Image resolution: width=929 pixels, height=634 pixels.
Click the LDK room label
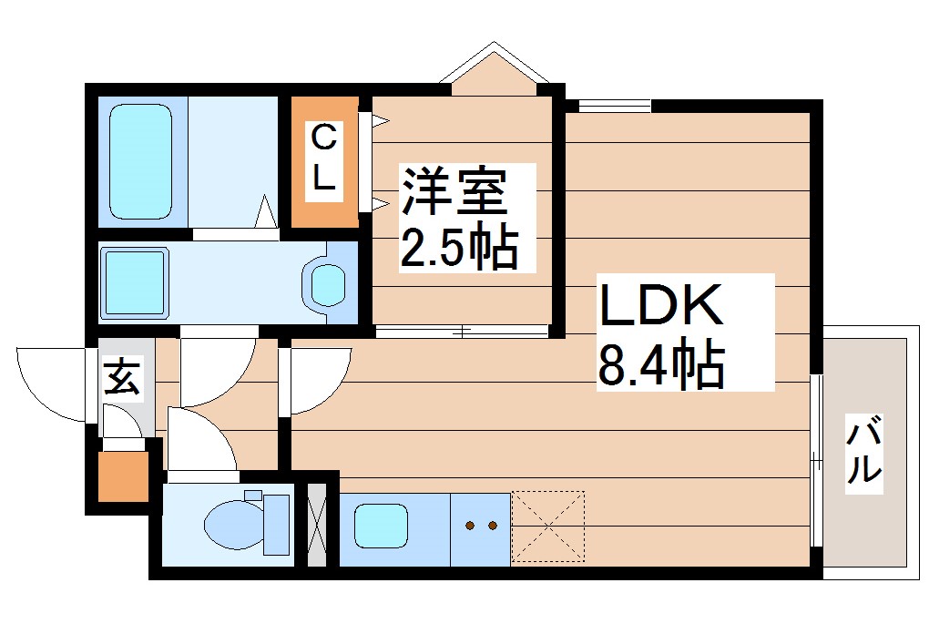[659, 306]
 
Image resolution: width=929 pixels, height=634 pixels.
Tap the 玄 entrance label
[122, 378]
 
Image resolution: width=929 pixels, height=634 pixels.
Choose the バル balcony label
[864, 451]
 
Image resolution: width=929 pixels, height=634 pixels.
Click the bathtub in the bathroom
[141, 161]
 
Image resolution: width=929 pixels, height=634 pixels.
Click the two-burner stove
[480, 527]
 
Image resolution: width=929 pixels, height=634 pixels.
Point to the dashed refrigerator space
[547, 527]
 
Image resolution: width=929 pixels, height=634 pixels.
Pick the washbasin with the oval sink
[328, 283]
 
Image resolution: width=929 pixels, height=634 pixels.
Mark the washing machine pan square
[134, 281]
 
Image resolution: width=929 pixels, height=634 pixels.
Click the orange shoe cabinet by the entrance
[122, 475]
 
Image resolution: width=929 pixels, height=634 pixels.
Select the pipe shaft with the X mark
[317, 527]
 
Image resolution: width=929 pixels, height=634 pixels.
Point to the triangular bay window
[493, 71]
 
